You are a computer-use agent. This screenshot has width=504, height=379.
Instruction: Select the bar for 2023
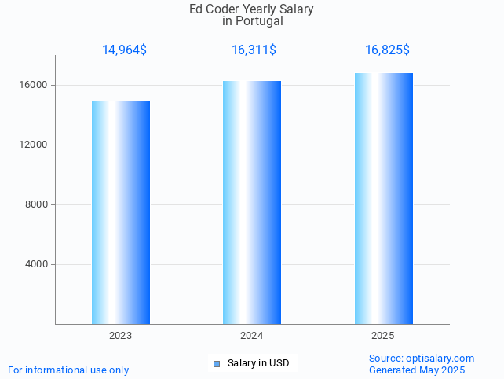(x=121, y=212)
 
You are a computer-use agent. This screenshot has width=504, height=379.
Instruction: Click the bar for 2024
(x=252, y=202)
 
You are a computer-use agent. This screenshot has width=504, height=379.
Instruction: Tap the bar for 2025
(x=383, y=198)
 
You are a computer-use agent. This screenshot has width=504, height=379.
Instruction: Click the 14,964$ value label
(x=124, y=50)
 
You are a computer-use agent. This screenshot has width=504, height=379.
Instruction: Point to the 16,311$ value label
(x=254, y=50)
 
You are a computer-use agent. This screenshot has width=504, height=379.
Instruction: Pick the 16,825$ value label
(x=387, y=50)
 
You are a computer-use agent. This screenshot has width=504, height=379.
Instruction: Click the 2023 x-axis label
(x=121, y=336)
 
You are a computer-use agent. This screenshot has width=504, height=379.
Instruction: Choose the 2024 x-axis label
(x=252, y=336)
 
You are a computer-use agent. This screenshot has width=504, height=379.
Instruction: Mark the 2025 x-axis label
(x=383, y=336)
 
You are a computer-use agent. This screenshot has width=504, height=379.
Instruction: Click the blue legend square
(x=217, y=363)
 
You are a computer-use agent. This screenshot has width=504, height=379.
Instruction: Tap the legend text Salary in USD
(x=258, y=363)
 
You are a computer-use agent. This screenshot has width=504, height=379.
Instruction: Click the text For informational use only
(x=68, y=370)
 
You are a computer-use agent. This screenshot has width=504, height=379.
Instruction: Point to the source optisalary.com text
(x=422, y=359)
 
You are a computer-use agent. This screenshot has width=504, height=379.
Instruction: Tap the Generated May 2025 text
(x=417, y=370)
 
